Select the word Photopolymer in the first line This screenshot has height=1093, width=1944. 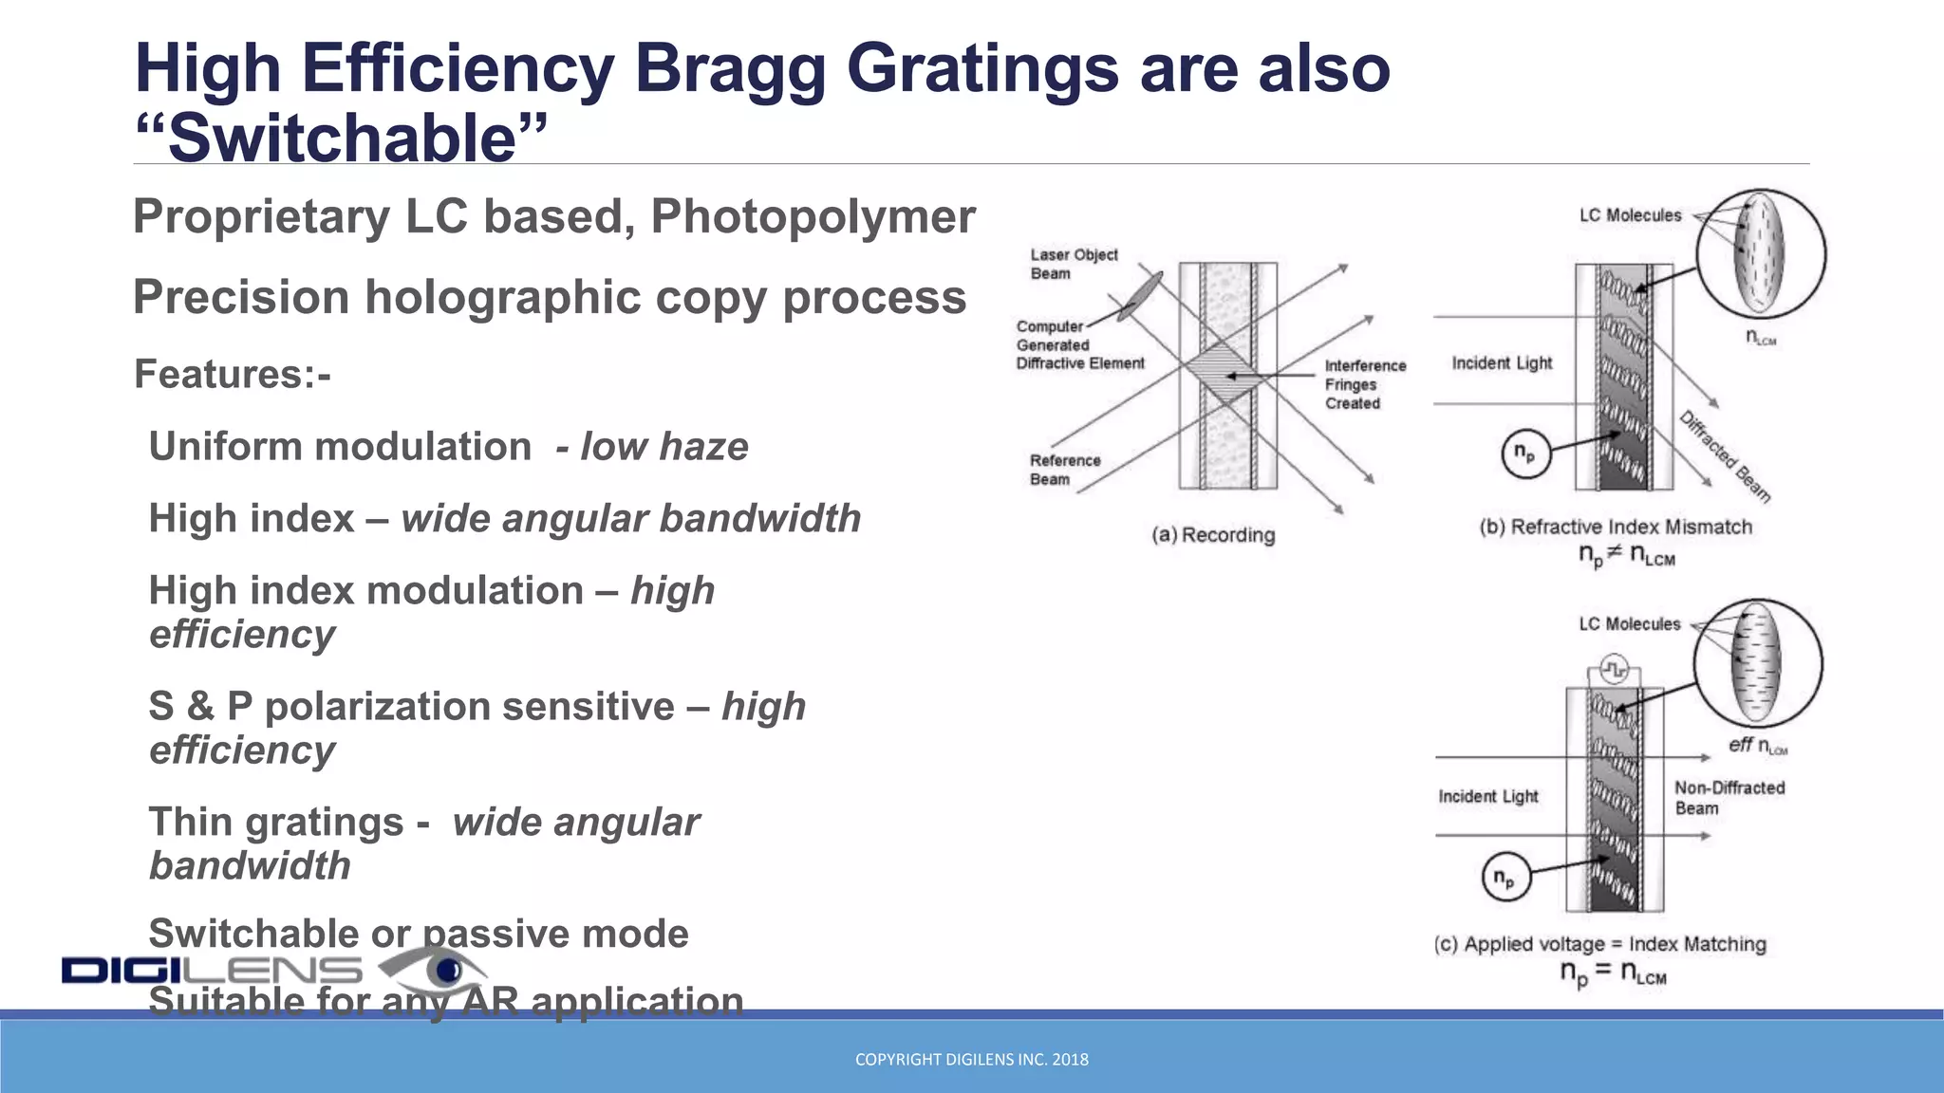(x=813, y=216)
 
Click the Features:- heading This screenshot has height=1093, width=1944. (x=233, y=374)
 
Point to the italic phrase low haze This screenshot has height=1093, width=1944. (x=664, y=447)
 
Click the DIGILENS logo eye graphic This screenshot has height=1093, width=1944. (x=439, y=970)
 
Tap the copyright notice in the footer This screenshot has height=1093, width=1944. (x=971, y=1059)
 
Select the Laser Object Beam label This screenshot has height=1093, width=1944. (x=1074, y=264)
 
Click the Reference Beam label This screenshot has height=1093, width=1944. (x=1064, y=470)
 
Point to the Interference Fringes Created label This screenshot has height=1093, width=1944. (x=1364, y=384)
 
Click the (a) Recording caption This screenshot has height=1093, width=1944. (x=1213, y=535)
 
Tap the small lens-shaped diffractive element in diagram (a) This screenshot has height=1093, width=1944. (x=1140, y=296)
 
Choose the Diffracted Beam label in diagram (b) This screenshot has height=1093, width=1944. (x=1725, y=456)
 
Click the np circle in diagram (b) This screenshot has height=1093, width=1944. (x=1525, y=454)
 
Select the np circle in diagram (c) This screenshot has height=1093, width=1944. (x=1505, y=878)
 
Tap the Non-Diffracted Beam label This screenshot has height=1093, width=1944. (x=1729, y=798)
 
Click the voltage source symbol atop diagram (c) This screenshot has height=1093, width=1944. (x=1614, y=670)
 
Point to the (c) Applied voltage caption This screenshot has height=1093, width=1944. (x=1599, y=944)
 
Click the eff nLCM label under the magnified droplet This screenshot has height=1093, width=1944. (x=1757, y=746)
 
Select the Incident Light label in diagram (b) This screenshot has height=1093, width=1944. (x=1502, y=363)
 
